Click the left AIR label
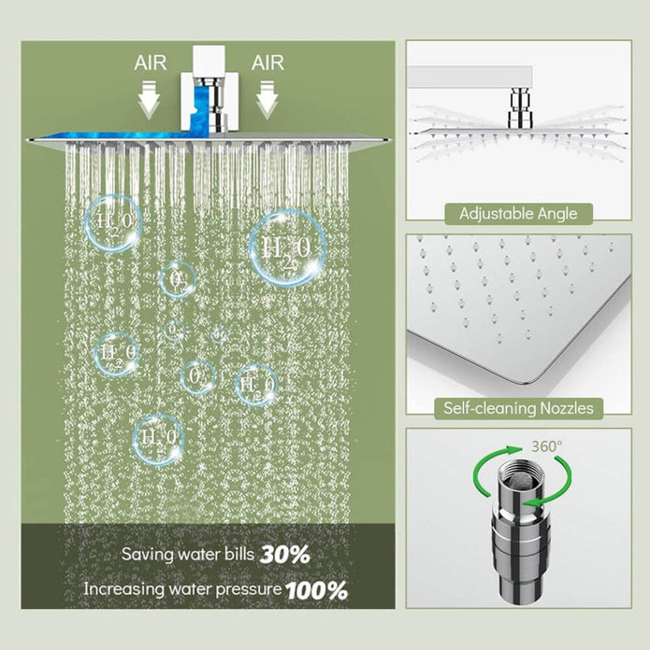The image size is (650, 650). coord(151,63)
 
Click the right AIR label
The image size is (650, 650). coord(268,63)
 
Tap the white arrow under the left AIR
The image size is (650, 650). coord(151,97)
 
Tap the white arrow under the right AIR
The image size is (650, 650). coord(268,97)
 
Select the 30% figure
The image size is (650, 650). coord(285,554)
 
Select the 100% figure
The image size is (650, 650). coord(316,590)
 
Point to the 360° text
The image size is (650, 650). coord(547,446)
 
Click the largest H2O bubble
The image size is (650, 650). coord(287,247)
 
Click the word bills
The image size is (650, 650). coord(237,554)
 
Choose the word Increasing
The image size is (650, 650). coord(123,590)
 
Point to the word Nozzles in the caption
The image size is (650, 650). coord(565,408)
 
